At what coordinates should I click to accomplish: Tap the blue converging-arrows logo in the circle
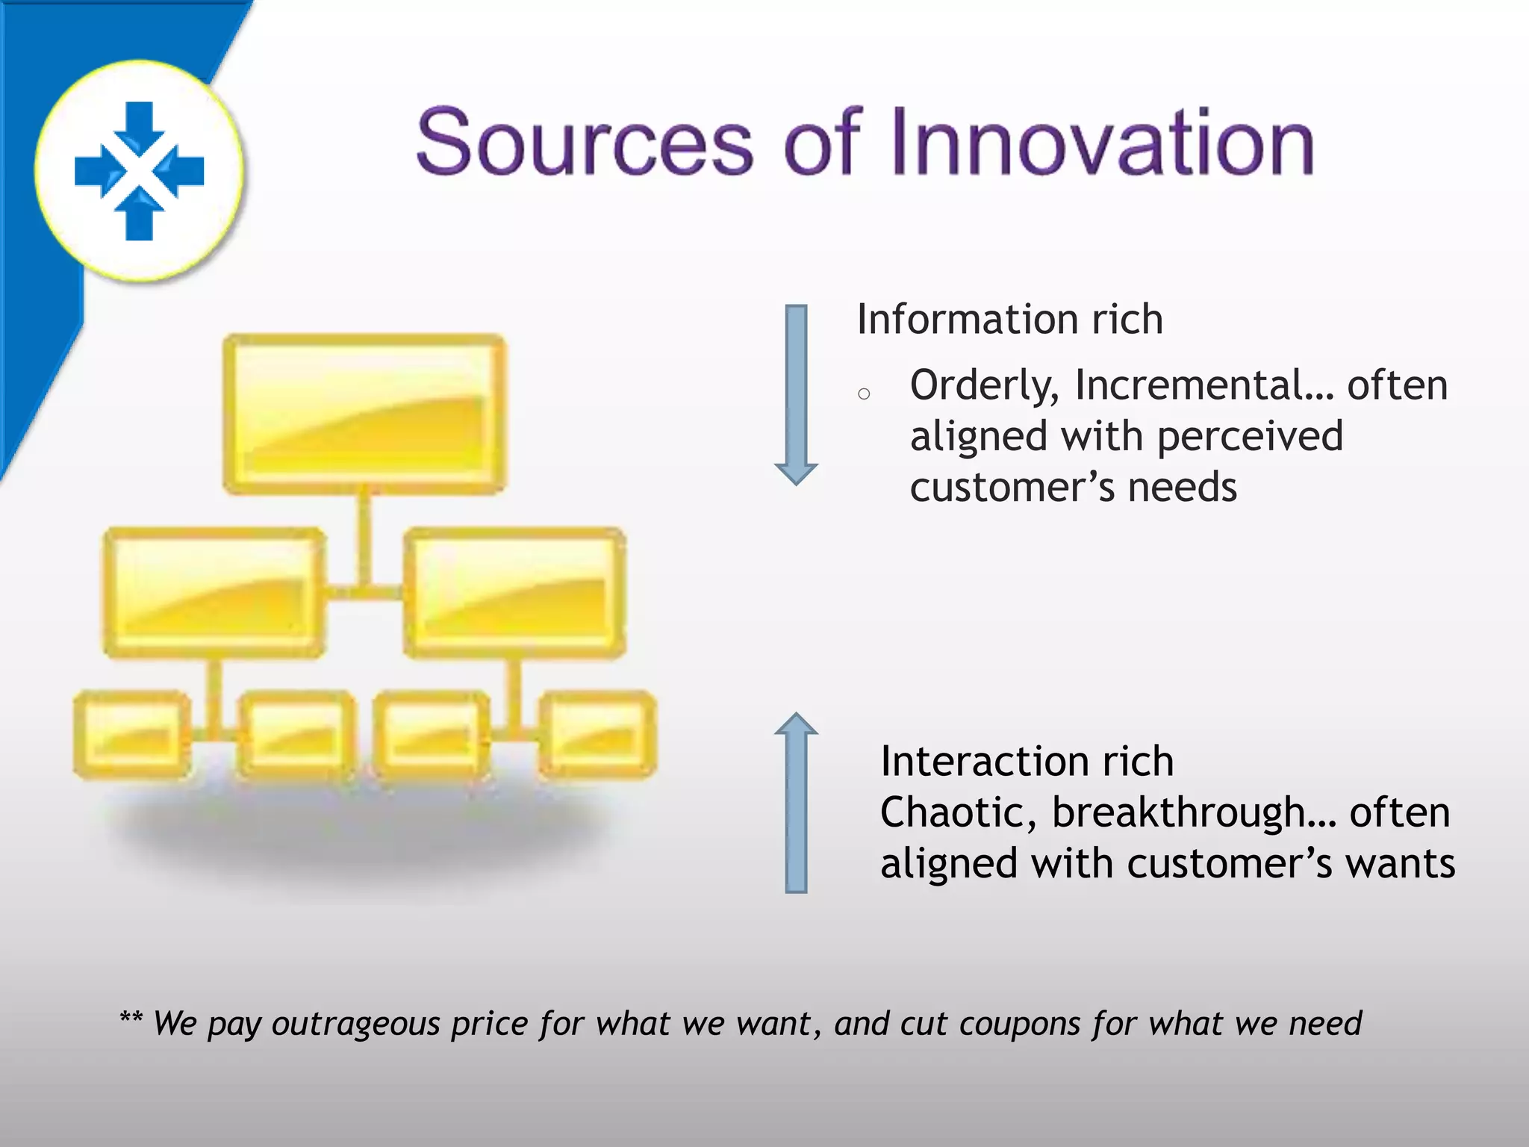140,171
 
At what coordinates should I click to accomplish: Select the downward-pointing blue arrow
796,394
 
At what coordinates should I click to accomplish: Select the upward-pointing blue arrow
796,803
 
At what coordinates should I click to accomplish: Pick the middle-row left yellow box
214,593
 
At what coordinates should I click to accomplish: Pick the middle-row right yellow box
514,593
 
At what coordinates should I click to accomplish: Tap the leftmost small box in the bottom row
132,735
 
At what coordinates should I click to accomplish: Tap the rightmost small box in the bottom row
597,735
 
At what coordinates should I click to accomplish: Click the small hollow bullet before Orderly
864,394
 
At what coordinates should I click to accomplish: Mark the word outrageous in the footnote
355,1024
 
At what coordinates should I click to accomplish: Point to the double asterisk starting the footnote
131,1017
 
